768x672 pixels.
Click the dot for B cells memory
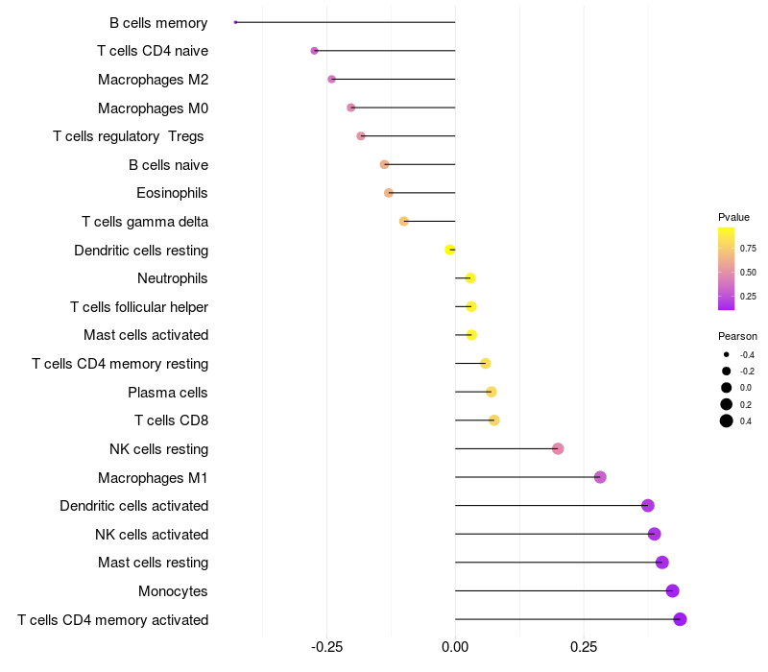pos(235,22)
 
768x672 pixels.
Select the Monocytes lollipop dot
pos(672,590)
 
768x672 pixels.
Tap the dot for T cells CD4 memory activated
pos(680,619)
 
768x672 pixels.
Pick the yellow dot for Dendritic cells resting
pos(449,250)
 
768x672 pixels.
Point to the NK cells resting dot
pos(558,448)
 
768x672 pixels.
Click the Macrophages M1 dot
pos(600,477)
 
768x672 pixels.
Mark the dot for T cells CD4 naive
pos(314,50)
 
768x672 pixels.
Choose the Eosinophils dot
pos(389,193)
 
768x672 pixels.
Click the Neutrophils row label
pos(173,278)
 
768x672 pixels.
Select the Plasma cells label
pos(168,392)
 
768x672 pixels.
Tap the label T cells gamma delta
pos(145,222)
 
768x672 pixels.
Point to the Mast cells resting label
pos(153,563)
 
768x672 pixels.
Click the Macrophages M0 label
pos(153,108)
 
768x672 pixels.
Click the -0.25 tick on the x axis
pos(326,646)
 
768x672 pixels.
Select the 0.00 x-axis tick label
pos(455,646)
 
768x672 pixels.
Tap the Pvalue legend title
pos(733,217)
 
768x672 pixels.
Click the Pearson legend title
pos(737,336)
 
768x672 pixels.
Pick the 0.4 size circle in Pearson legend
pos(727,420)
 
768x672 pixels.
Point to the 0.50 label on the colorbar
pos(748,273)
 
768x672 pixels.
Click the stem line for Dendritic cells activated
pos(547,505)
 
